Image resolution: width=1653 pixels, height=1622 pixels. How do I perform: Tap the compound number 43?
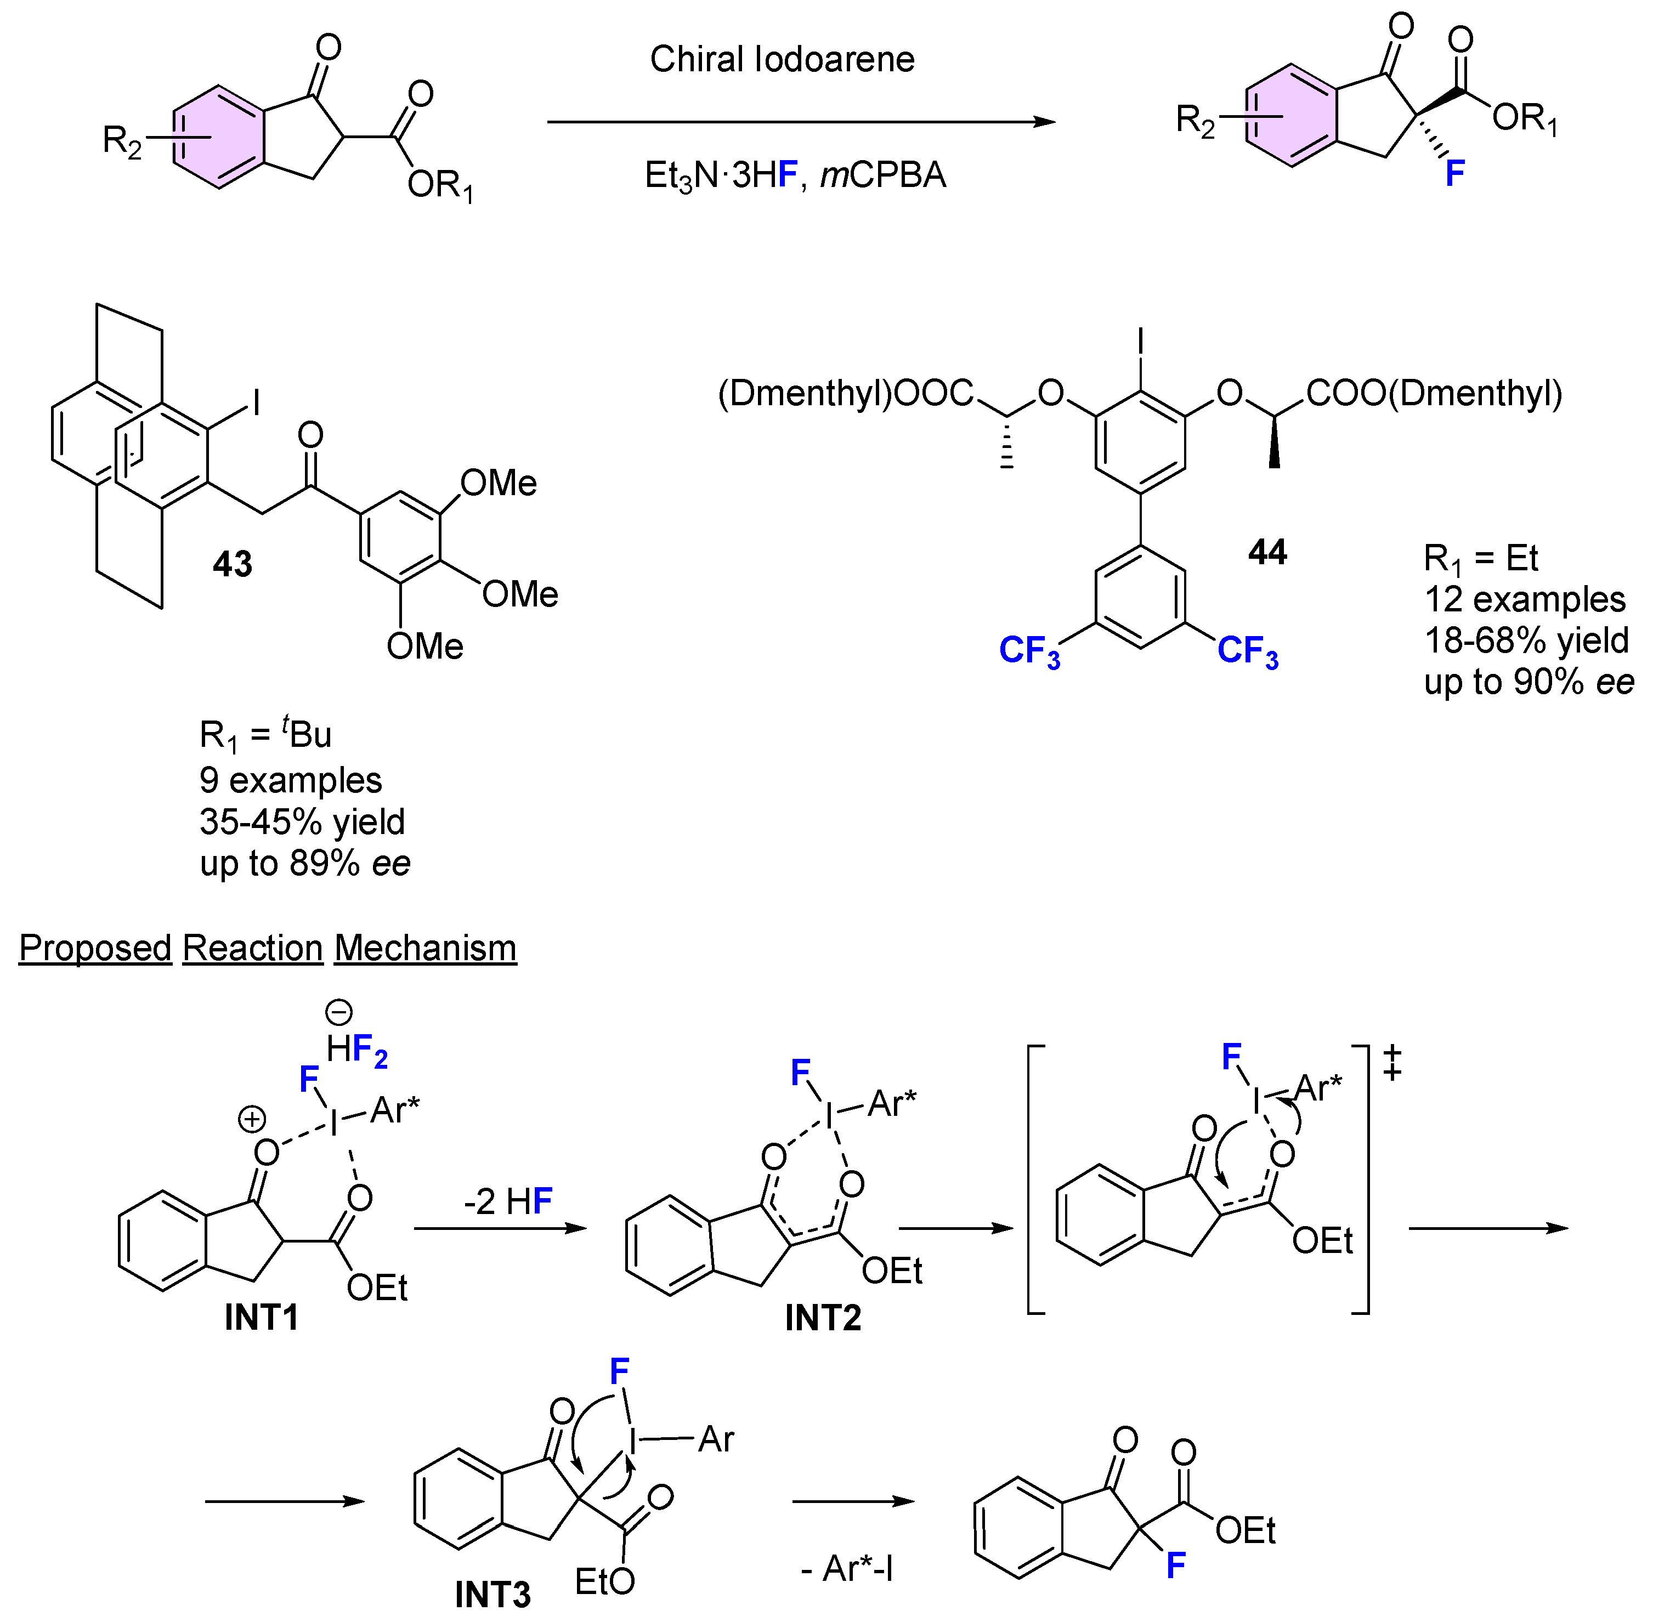point(233,564)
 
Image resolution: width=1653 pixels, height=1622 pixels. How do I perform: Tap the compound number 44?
point(1267,553)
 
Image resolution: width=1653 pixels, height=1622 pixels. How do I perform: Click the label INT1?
point(262,1317)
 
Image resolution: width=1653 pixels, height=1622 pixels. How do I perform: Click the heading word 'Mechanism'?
point(425,948)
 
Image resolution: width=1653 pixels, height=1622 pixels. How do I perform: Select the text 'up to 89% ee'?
point(305,863)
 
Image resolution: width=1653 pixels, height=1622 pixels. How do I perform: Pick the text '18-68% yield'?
point(1526,640)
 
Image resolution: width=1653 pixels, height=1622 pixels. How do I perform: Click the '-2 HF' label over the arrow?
point(508,1202)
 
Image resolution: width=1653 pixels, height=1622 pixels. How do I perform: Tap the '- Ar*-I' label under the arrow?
point(846,1568)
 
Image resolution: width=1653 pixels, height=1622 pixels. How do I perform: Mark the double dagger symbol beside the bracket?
point(1392,1063)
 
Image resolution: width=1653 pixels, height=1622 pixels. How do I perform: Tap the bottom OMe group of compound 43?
point(424,646)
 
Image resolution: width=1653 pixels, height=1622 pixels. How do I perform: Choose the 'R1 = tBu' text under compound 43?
point(265,734)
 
